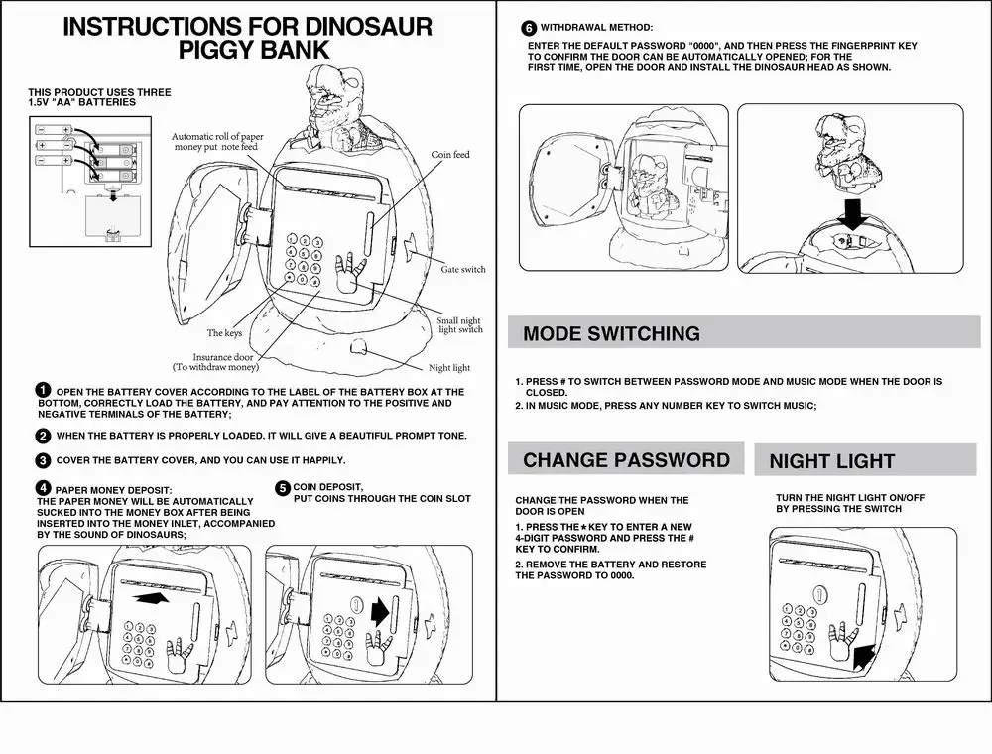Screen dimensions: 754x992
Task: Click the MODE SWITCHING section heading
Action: tap(611, 333)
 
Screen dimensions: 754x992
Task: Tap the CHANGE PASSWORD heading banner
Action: tap(626, 460)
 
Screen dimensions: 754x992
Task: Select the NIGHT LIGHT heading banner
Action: tap(831, 461)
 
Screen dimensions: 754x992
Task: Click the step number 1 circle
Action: tap(43, 391)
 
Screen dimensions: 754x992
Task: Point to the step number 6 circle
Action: tap(529, 28)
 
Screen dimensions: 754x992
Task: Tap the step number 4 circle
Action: tap(43, 488)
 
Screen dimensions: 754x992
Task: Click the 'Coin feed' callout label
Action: tap(449, 155)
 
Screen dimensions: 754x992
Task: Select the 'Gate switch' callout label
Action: tap(463, 269)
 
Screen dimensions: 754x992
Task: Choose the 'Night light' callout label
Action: tap(448, 368)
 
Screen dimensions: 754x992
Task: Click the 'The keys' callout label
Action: tap(224, 333)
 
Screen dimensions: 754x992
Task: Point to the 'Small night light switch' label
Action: tap(460, 325)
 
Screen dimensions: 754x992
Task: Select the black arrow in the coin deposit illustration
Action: tap(379, 612)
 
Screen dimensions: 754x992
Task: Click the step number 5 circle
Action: tap(283, 488)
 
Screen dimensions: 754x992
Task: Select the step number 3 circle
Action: tap(43, 460)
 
